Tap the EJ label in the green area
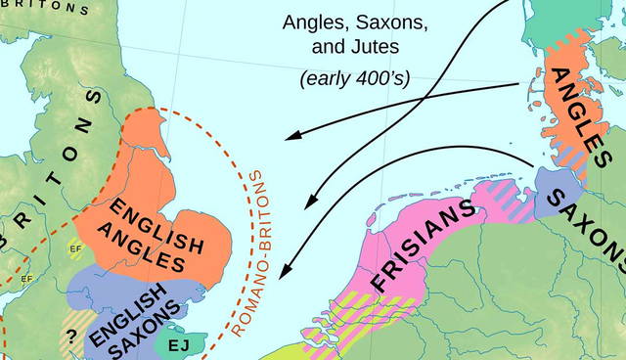click(179, 345)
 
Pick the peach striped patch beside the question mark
click(75, 317)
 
